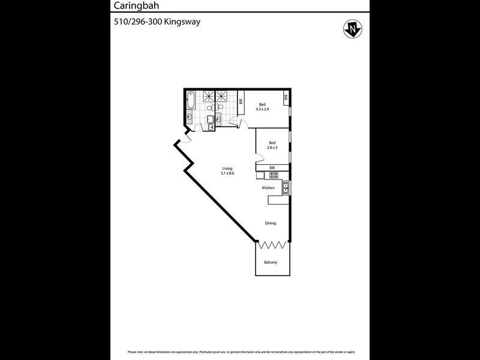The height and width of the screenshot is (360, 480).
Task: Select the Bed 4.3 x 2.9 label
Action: coord(262,107)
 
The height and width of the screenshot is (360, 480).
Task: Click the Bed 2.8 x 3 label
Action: coord(272,145)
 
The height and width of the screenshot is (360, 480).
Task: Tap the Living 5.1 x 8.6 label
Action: coord(227,170)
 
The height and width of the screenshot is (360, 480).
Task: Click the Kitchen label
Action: coord(268,188)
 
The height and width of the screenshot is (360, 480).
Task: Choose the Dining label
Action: coord(271,223)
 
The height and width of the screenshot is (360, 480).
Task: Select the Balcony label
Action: coord(271,262)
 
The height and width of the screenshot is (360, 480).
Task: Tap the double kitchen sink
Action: coord(286,188)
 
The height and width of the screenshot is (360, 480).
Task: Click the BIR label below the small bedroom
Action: coord(272,167)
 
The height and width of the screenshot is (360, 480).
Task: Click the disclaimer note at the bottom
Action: coord(240,352)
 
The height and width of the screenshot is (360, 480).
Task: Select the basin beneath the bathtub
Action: coord(190,118)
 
